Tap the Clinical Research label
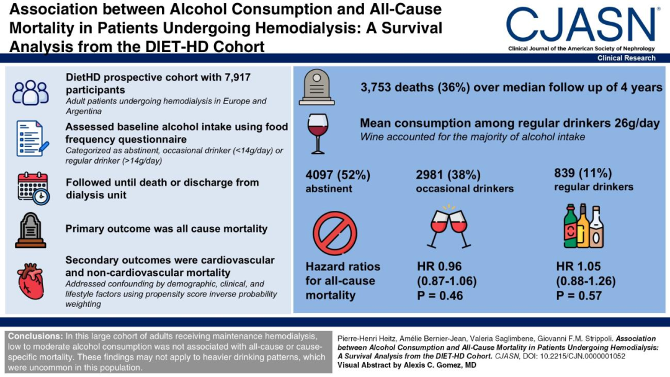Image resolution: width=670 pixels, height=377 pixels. pyautogui.click(x=626, y=58)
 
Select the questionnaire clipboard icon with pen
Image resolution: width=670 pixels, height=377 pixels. pyautogui.click(x=31, y=139)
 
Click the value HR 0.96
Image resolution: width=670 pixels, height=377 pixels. pyautogui.click(x=441, y=267)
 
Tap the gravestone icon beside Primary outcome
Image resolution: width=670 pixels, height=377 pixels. pyautogui.click(x=30, y=230)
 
